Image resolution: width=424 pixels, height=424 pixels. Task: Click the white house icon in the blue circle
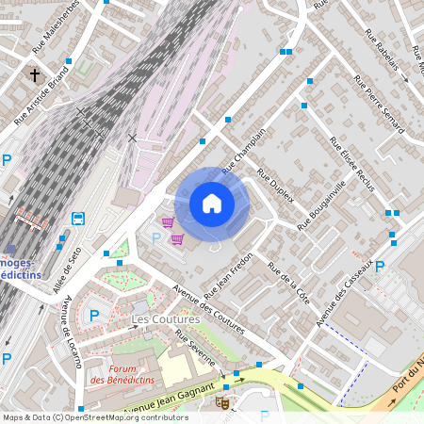tap(212, 203)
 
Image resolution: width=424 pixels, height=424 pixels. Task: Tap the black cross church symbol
tap(35, 74)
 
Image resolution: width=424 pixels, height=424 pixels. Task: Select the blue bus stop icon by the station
tap(78, 219)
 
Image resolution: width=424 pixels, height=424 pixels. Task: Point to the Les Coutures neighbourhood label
tap(165, 319)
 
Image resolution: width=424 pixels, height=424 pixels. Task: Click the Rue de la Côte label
tap(289, 282)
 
